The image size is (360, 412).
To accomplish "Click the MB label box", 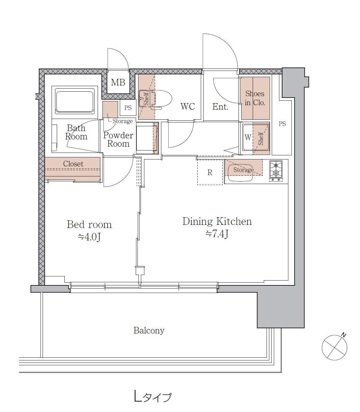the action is click(118, 82).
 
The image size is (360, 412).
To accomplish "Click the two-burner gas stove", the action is click(276, 171).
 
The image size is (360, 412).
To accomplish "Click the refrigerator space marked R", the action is click(210, 172).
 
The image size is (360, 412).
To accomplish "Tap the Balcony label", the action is click(149, 330).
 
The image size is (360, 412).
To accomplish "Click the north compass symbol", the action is click(334, 347).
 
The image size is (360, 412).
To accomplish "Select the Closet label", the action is click(73, 164).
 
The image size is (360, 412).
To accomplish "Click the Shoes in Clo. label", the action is click(255, 98).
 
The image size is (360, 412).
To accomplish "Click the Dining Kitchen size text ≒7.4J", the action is click(217, 234).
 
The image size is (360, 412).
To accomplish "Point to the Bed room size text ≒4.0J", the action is click(89, 237).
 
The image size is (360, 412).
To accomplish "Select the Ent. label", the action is click(220, 107).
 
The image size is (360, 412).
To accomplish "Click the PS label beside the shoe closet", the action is click(282, 123).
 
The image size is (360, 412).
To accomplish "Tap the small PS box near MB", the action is click(128, 108).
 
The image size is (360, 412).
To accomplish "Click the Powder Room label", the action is click(118, 139).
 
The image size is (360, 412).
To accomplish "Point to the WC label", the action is click(188, 107).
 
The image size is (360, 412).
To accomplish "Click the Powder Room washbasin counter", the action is click(147, 138).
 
